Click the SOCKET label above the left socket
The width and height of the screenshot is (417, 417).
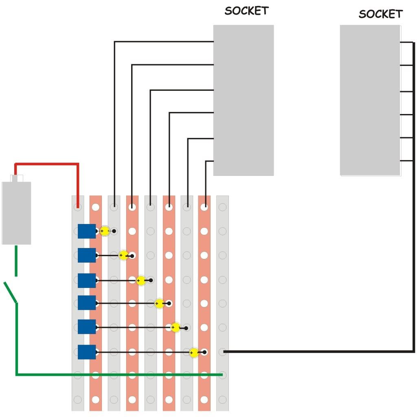[x=246, y=11]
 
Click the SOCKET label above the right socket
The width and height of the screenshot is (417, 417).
[x=380, y=14]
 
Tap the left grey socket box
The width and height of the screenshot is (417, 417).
[x=244, y=100]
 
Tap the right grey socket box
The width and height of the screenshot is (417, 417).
[x=370, y=100]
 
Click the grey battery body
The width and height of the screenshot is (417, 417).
[x=16, y=213]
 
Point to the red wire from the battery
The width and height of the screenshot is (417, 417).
[x=47, y=164]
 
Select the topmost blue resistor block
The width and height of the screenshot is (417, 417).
[x=87, y=231]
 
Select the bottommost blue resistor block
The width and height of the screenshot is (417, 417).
[x=87, y=352]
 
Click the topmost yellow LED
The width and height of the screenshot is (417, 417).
[x=105, y=231]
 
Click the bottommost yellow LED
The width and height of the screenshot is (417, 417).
[x=194, y=352]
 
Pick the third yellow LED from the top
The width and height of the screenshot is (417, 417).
[x=141, y=281]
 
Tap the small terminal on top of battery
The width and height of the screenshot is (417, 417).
[x=17, y=178]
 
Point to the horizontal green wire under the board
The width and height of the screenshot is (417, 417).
[x=118, y=374]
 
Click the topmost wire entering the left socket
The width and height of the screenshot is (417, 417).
[x=163, y=42]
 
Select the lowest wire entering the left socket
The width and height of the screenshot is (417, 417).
[x=209, y=162]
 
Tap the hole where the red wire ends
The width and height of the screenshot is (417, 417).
[x=78, y=207]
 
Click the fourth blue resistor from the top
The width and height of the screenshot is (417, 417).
[x=87, y=303]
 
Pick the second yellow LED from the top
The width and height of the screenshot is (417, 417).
[x=123, y=256]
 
